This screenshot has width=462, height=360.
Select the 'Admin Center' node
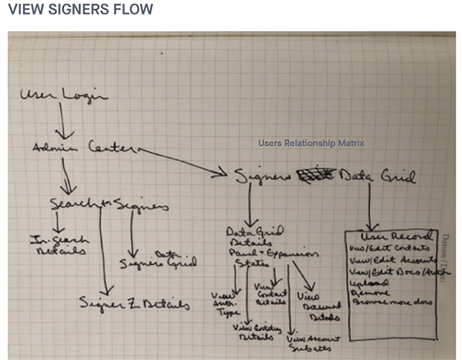coord(83,148)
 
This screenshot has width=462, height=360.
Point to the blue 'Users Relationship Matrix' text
coord(311,143)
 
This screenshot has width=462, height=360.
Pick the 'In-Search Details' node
coord(58,245)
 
